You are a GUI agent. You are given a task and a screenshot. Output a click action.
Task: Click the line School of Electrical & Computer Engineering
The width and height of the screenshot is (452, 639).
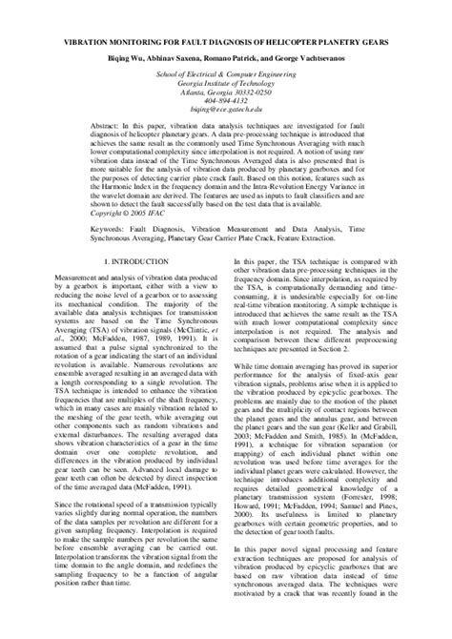(x=225, y=72)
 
